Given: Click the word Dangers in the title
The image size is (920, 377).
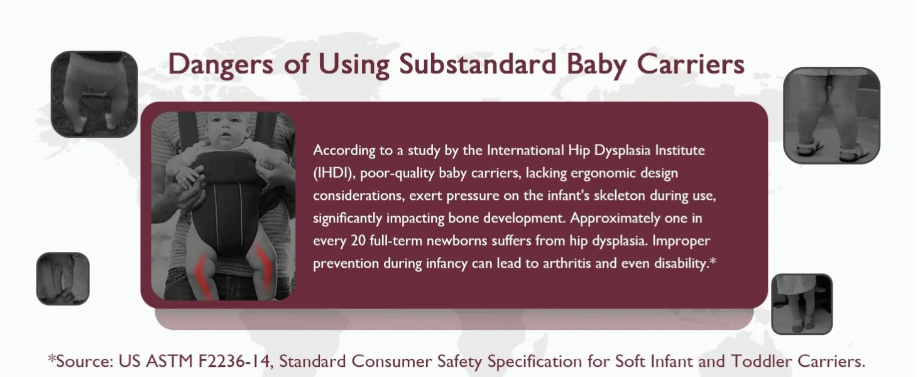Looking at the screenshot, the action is [x=221, y=65].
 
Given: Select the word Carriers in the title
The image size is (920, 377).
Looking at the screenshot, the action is [x=691, y=65].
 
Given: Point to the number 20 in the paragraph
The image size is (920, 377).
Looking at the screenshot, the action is [x=358, y=240].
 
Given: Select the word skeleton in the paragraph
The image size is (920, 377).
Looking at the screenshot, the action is [x=620, y=195].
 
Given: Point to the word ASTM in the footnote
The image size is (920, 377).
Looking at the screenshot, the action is [x=169, y=361].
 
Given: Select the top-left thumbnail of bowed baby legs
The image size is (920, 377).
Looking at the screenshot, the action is [x=94, y=94].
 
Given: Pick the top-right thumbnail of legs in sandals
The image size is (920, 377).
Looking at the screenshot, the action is [x=831, y=116].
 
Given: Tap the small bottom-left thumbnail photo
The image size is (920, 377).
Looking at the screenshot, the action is [x=63, y=278].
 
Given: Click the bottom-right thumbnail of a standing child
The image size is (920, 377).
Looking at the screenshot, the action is [x=802, y=304].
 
